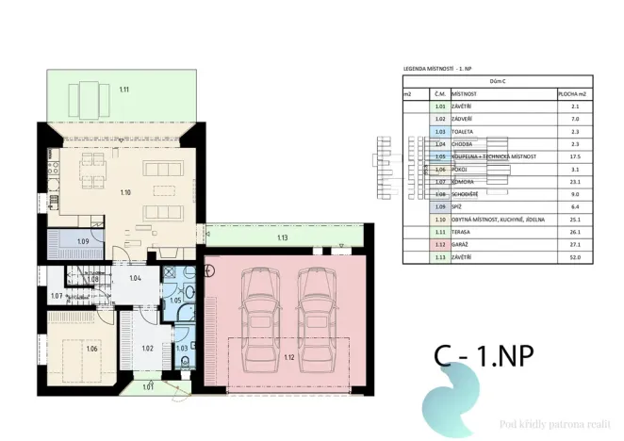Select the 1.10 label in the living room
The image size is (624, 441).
pos(126,192)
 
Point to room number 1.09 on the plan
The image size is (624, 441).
pos(82,242)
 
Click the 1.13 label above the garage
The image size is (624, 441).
pos(283,237)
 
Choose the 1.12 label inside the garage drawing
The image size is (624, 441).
pos(288,358)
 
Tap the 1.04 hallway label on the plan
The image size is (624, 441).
pos(135,278)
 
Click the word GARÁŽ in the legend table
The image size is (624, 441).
pos(463,243)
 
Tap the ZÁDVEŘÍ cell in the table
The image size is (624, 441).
pos(466,120)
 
